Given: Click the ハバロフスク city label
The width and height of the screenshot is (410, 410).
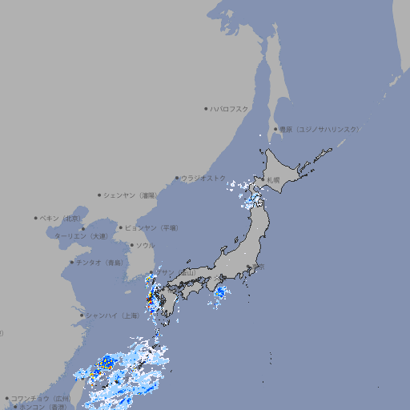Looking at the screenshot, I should coord(230,109).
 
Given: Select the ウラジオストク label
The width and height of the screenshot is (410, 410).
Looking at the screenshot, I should coord(203,178).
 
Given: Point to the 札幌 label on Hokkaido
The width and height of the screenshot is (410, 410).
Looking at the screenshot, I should coord(274,179).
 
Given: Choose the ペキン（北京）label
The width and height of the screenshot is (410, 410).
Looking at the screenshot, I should coord(61,218).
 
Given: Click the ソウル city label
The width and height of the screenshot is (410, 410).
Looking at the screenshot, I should coord(145,245).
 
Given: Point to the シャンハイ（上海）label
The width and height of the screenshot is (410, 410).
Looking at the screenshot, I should coord(111,315).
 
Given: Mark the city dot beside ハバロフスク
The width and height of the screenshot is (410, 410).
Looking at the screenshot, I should coord(206,109).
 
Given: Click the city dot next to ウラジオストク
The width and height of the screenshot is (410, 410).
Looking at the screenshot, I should coord(177,178).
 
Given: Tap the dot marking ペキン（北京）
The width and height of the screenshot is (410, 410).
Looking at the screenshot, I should coord(36,218).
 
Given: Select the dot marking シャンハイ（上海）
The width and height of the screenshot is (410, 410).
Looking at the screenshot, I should coord(82,315).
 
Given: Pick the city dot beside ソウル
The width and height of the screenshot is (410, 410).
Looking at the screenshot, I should coord(131,245).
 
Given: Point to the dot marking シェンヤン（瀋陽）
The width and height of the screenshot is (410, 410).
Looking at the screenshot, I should coord(99,195).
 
